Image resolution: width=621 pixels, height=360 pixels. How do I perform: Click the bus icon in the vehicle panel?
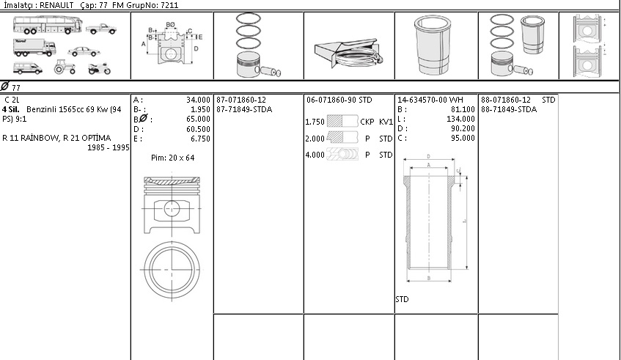[x=48, y=25]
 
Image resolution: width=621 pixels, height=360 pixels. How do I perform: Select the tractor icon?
[x=65, y=67]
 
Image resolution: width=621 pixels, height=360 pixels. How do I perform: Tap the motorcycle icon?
[x=100, y=68]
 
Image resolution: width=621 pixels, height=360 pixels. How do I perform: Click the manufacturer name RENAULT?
[x=56, y=5]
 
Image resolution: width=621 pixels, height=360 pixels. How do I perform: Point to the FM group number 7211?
[x=169, y=5]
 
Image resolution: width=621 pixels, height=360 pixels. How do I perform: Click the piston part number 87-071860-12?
[x=241, y=100]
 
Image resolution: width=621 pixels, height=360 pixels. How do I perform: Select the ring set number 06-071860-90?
[x=331, y=100]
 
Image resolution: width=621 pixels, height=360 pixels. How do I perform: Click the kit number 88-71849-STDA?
[x=509, y=110]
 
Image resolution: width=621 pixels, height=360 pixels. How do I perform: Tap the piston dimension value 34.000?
[x=198, y=100]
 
